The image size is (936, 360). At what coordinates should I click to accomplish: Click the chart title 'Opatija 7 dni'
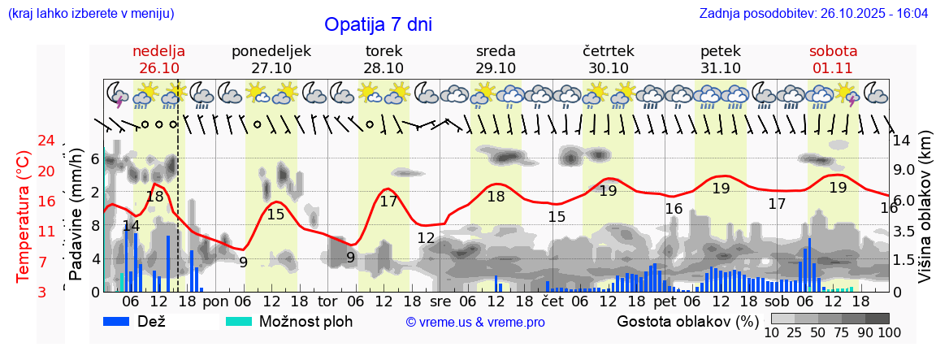pyautogui.click(x=378, y=24)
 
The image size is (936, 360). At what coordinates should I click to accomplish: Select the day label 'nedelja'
pyautogui.click(x=159, y=51)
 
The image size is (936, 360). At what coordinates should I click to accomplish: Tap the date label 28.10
pyautogui.click(x=383, y=68)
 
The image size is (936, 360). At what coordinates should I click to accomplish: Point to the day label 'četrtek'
pyautogui.click(x=609, y=51)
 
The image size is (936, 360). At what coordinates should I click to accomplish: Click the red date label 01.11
pyautogui.click(x=833, y=68)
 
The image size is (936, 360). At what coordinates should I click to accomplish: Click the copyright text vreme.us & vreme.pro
pyautogui.click(x=475, y=322)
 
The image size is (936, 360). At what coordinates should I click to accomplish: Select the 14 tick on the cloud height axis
pyautogui.click(x=902, y=140)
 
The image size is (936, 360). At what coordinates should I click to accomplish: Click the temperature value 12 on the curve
pyautogui.click(x=426, y=238)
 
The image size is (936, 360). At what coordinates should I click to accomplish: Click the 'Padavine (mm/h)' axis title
pyautogui.click(x=76, y=213)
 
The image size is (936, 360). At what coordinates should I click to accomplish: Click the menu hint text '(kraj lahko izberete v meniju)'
pyautogui.click(x=91, y=14)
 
